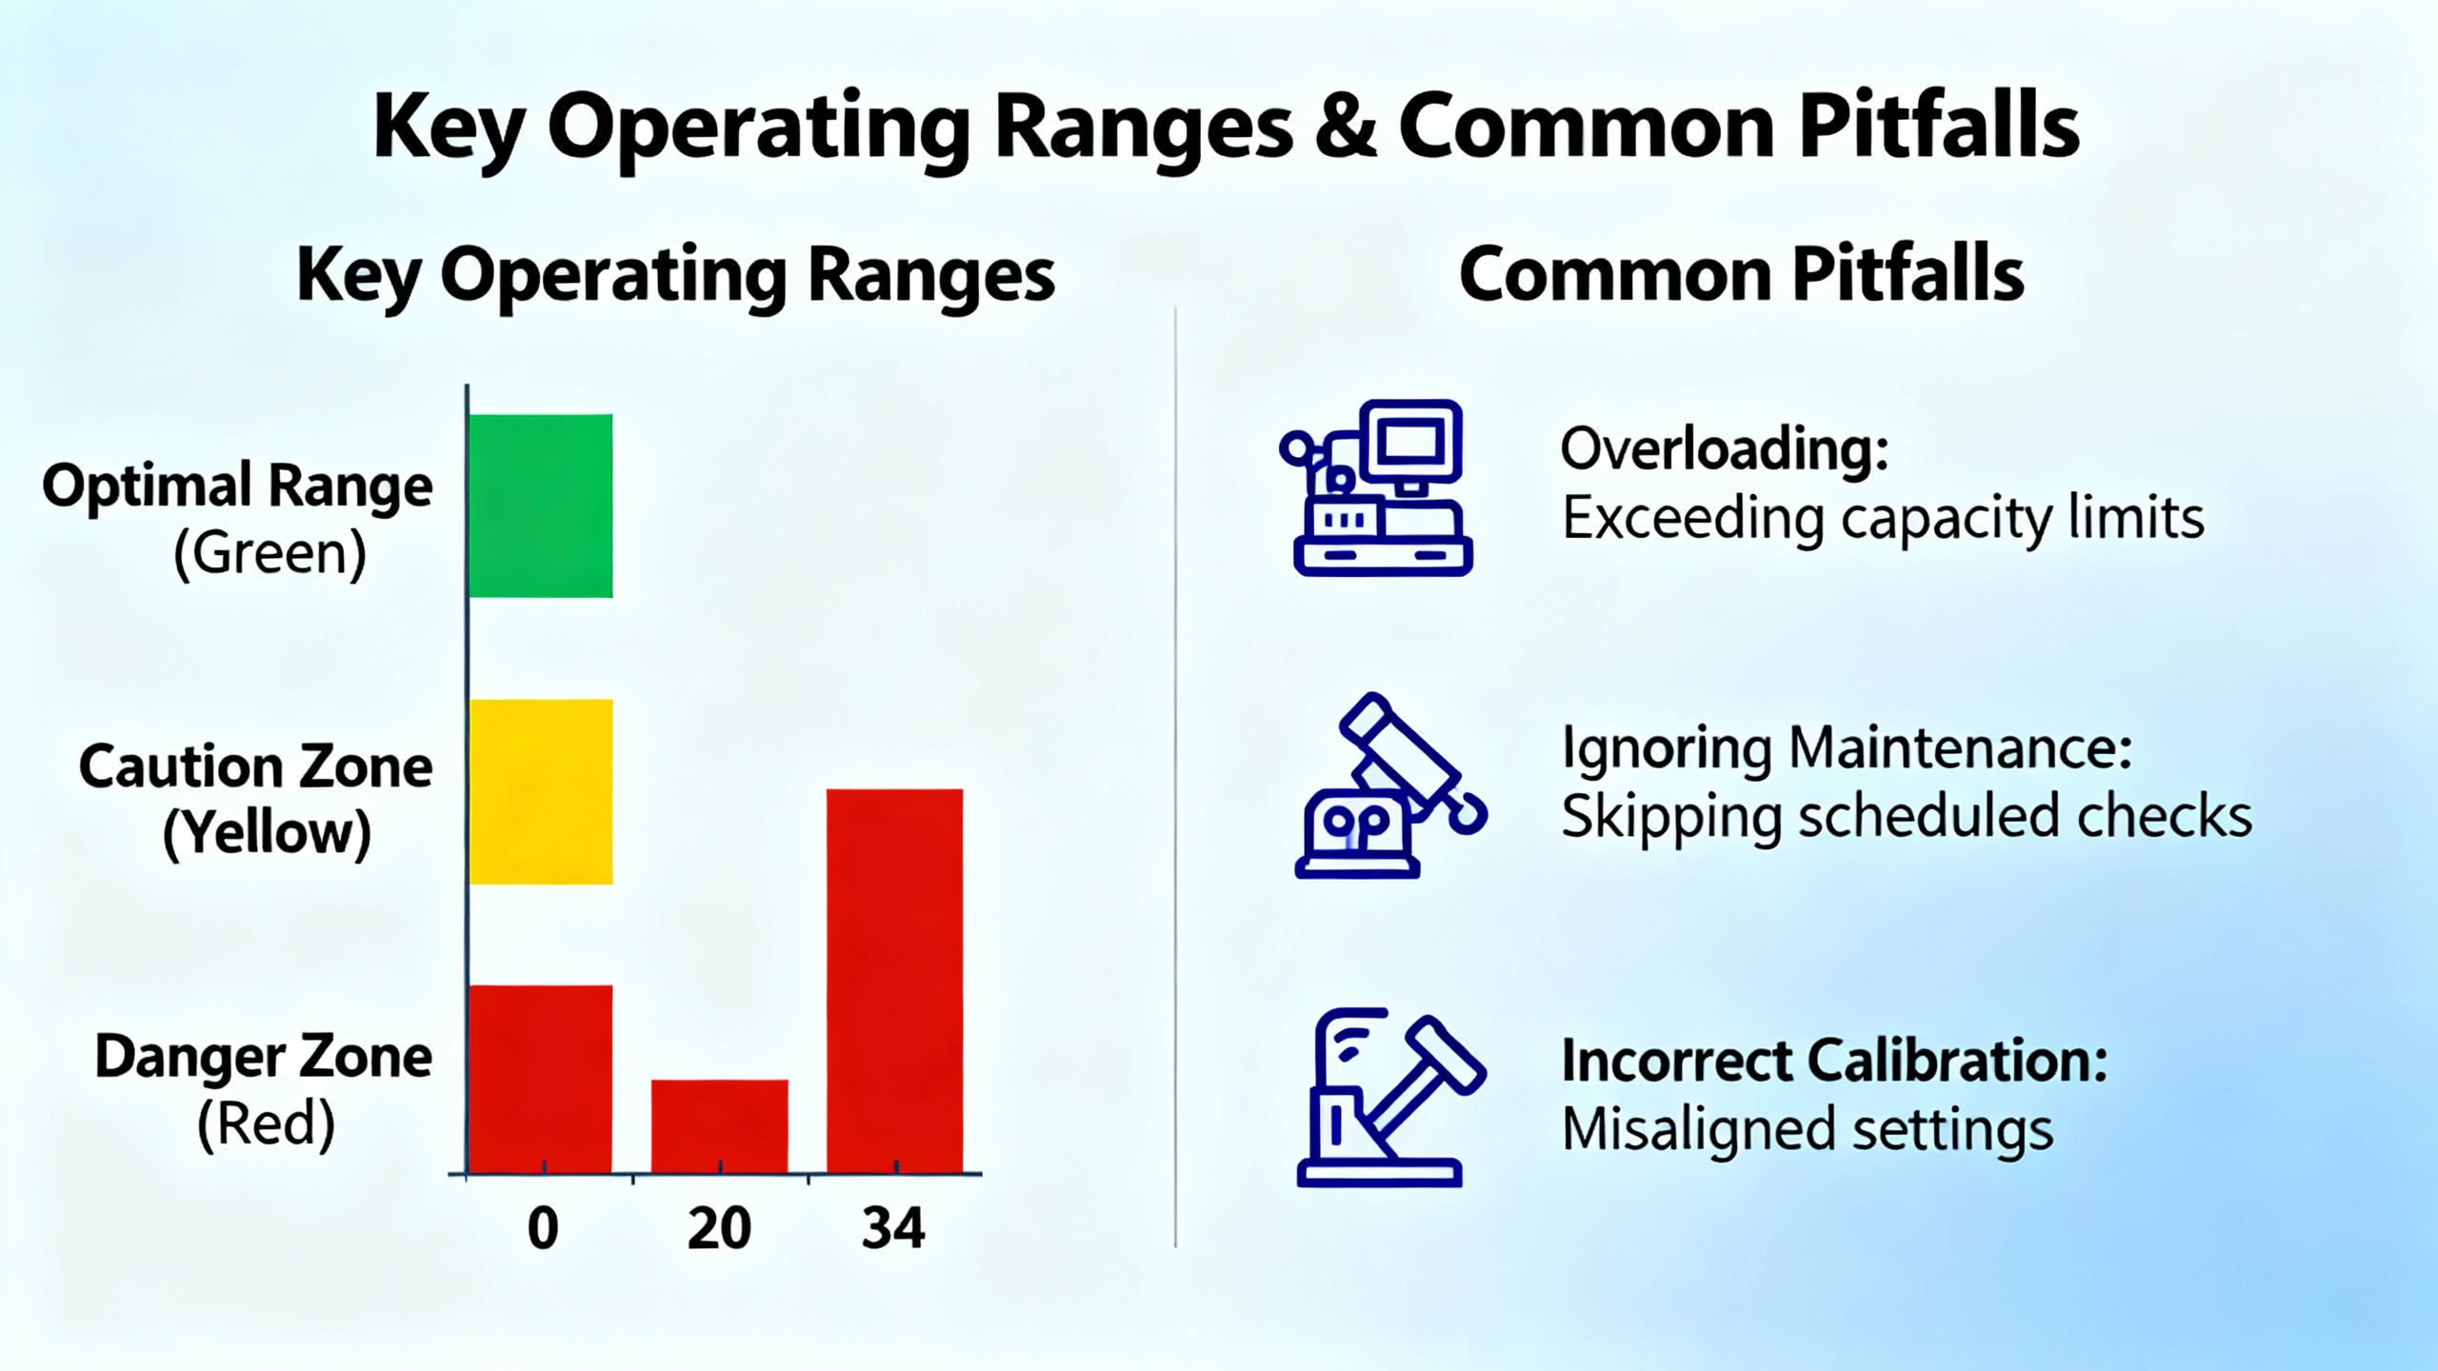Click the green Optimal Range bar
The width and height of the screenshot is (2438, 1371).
[x=541, y=506]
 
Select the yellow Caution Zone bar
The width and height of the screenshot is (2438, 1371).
[x=541, y=791]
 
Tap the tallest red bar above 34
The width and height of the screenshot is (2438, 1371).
[x=894, y=981]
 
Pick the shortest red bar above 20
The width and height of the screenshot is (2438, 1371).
[x=719, y=1126]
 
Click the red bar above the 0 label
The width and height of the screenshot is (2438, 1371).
[x=541, y=1079]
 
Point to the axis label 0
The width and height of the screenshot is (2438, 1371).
[x=543, y=1228]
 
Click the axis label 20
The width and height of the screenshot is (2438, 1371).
[x=719, y=1228]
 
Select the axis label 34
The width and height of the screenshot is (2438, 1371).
[x=893, y=1228]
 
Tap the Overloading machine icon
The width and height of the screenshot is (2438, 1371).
[x=1376, y=487]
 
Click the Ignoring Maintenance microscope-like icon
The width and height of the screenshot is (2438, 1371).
[x=1389, y=785]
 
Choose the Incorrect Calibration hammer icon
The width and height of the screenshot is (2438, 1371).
[x=1389, y=1097]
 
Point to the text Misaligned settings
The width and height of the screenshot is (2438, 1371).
[x=1808, y=1130]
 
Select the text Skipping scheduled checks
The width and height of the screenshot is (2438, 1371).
[x=1907, y=817]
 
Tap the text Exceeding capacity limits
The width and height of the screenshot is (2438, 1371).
[x=1883, y=519]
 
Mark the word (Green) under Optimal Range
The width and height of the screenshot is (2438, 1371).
[x=270, y=553]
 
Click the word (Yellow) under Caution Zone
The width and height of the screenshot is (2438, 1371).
[x=267, y=834]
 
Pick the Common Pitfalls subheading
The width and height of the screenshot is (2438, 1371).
[x=1741, y=274]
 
